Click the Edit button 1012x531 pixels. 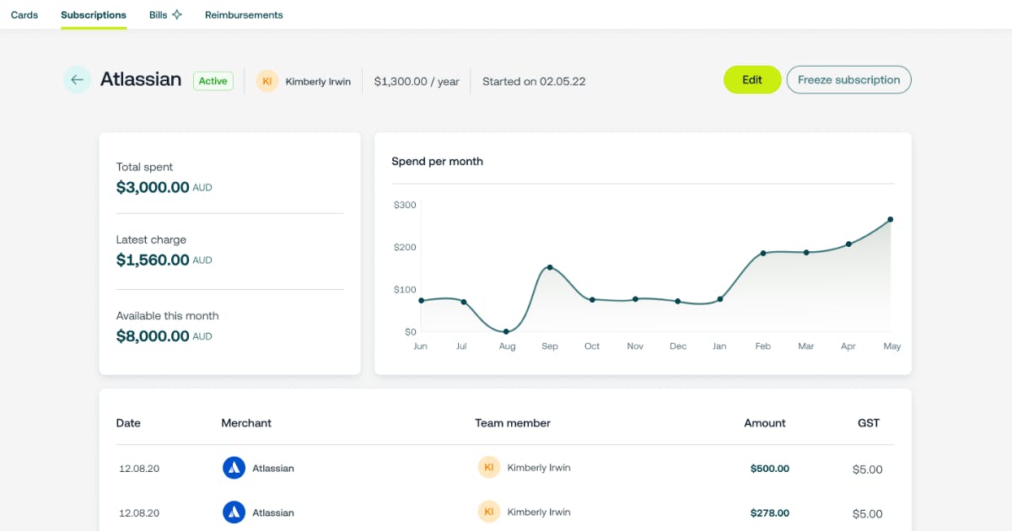(752, 80)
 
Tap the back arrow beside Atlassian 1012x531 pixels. (77, 80)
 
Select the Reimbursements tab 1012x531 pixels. (244, 15)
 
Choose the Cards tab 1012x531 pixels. (24, 15)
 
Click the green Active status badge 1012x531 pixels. (213, 81)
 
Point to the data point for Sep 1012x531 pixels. (550, 267)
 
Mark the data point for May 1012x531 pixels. (891, 219)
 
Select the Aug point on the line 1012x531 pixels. (506, 331)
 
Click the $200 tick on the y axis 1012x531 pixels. (405, 247)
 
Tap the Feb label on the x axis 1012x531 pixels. (762, 346)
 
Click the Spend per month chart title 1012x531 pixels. (437, 161)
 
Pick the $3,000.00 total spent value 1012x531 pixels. (153, 187)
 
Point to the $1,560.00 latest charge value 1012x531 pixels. (153, 260)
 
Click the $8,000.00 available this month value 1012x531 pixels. (153, 336)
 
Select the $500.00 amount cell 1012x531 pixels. (769, 469)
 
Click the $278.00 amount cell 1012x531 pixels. (769, 512)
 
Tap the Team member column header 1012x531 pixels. (513, 423)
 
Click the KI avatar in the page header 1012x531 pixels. (267, 81)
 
